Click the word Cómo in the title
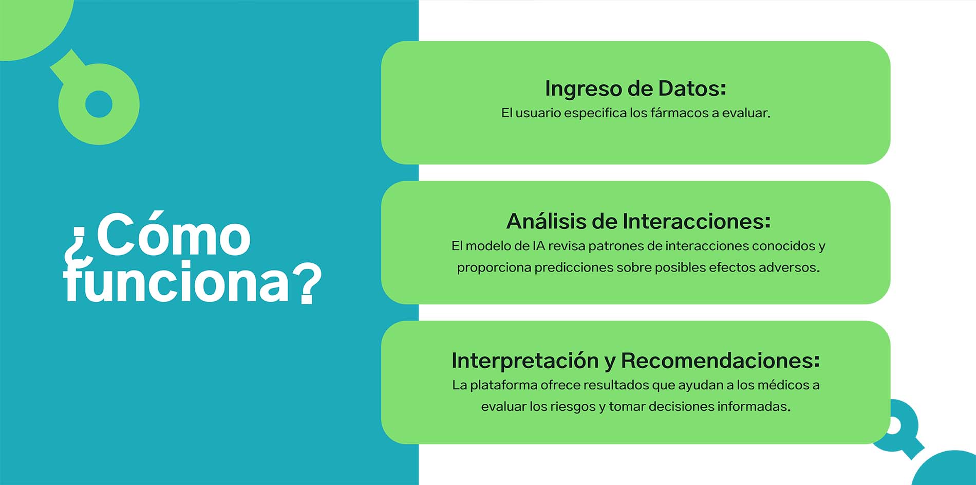pos(174,234)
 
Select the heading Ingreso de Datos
pos(635,88)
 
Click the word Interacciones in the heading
pos(697,221)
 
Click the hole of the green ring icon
pos(99,104)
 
